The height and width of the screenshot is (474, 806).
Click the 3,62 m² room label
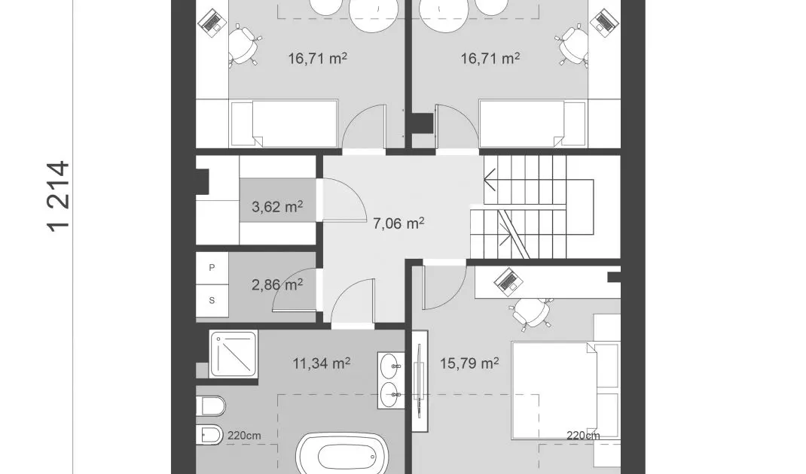(x=277, y=206)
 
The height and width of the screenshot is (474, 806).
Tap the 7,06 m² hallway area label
(x=398, y=223)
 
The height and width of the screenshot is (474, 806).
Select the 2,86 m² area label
(x=277, y=284)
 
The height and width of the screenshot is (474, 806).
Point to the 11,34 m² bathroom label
(x=321, y=363)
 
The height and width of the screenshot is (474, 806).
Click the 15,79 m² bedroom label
(x=469, y=363)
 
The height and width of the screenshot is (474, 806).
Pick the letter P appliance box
(x=212, y=268)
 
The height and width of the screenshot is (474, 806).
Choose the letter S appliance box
(x=212, y=300)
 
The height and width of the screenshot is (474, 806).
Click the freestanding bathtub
(x=341, y=455)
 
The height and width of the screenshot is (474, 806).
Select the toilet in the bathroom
(x=210, y=406)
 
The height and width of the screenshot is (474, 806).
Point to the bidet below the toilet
(x=209, y=435)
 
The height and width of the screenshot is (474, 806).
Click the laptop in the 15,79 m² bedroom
(x=508, y=281)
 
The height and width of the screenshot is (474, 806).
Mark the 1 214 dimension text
(x=58, y=196)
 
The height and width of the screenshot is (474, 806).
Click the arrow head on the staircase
(x=490, y=180)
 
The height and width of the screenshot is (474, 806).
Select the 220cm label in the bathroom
(x=244, y=436)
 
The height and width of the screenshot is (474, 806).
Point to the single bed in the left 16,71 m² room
(x=284, y=123)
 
